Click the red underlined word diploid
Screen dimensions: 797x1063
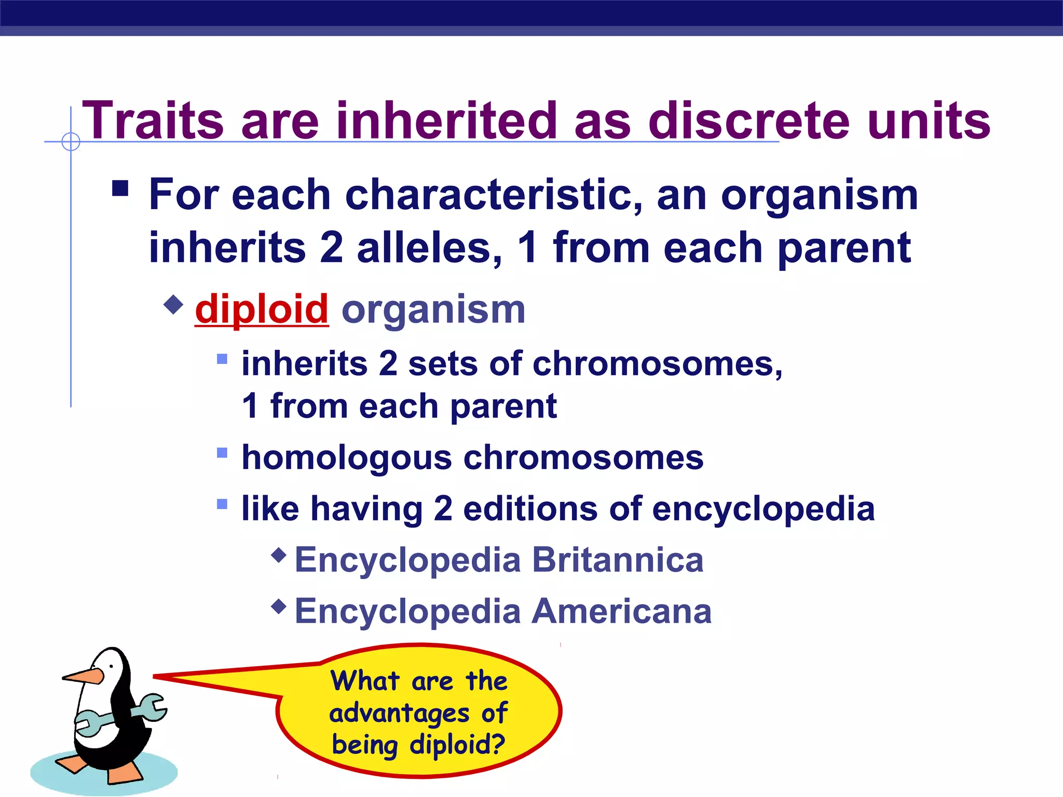262,309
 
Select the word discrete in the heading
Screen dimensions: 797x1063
749,120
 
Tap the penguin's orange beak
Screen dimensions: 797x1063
83,676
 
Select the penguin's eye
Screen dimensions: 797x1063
111,666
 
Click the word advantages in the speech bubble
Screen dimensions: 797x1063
399,713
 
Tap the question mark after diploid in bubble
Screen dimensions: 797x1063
497,744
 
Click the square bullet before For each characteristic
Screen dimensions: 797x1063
120,188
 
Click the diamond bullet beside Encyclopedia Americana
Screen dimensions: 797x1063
279,606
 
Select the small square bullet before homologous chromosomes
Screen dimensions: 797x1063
222,453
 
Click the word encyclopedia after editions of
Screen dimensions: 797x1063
763,509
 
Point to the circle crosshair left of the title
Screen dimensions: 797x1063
71,141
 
